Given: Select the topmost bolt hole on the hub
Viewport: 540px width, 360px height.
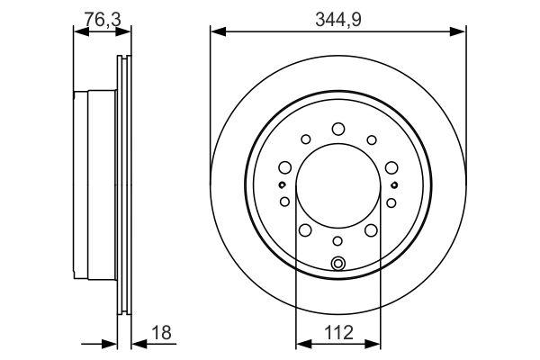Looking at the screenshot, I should click(x=338, y=129).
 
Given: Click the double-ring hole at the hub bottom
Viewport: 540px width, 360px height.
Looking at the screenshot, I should click(x=338, y=263).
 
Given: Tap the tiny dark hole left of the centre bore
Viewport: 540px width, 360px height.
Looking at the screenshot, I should click(x=282, y=184).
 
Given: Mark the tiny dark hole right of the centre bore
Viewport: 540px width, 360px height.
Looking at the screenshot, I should click(x=395, y=184).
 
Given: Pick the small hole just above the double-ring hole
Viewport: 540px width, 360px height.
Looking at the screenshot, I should click(x=338, y=240).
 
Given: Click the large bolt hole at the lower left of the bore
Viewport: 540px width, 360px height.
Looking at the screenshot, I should click(x=306, y=231).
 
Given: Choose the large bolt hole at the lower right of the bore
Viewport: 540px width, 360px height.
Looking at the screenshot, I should click(x=371, y=231).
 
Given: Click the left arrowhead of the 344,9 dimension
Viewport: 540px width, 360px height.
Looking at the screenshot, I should click(x=216, y=31).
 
